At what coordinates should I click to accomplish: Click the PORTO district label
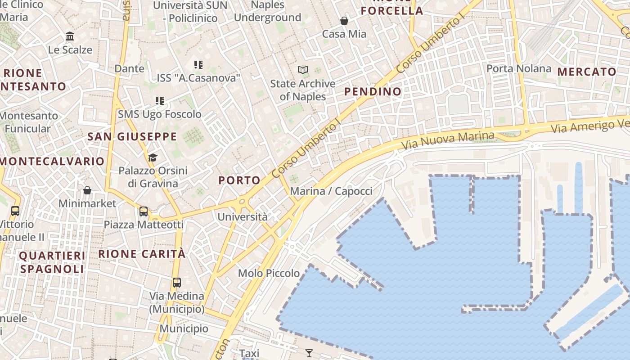[x=239, y=180]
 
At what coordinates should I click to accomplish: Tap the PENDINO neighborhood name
[x=373, y=92]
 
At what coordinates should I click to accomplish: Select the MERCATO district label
[x=587, y=72]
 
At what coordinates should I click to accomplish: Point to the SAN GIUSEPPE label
[x=132, y=137]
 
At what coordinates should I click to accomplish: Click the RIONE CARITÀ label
[x=142, y=254]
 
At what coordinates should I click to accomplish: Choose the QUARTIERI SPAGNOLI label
[x=52, y=262]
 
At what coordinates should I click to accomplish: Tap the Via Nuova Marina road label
[x=447, y=141]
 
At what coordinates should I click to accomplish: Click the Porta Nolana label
[x=519, y=68]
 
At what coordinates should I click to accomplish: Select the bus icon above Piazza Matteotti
[x=144, y=211]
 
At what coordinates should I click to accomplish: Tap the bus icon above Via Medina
[x=177, y=283]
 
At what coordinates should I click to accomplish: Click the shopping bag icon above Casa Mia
[x=344, y=21]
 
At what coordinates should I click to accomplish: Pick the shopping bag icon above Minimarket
[x=87, y=190]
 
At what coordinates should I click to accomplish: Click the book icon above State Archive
[x=303, y=70]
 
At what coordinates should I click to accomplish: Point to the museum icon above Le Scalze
[x=70, y=36]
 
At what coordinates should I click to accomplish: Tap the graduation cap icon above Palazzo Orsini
[x=153, y=157]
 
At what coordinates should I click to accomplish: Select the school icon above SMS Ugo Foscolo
[x=160, y=100]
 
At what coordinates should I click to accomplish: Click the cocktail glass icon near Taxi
[x=309, y=353]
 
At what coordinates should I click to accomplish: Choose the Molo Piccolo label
[x=269, y=273]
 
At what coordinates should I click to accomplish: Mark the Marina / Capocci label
[x=331, y=191]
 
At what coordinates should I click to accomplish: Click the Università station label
[x=243, y=217]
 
